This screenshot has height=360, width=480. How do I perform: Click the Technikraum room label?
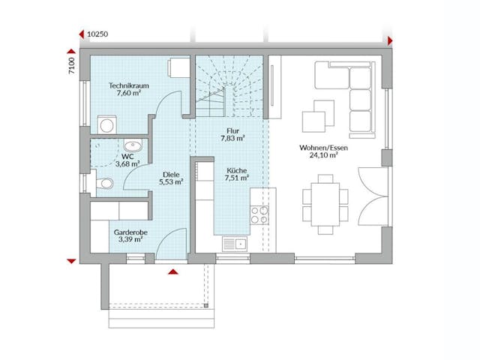click(x=128, y=86)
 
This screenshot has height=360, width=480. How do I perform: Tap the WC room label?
click(x=118, y=156)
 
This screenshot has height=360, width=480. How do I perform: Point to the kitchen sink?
click(x=233, y=243)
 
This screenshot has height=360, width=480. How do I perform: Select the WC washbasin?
click(x=133, y=145)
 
